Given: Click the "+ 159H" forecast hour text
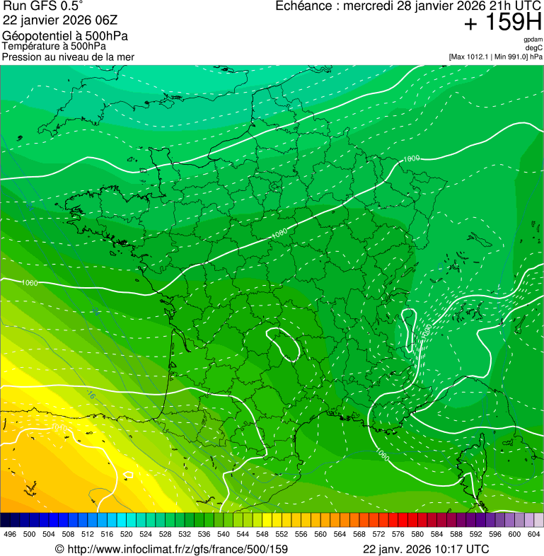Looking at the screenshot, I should click(x=502, y=23).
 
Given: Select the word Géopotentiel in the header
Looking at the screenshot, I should click(x=34, y=36).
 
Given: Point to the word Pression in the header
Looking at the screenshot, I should click(x=21, y=57).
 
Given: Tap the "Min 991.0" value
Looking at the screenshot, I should click(x=511, y=57).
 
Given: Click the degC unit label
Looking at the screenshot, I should click(x=535, y=47).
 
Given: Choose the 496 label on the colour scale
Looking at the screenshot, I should click(x=10, y=535).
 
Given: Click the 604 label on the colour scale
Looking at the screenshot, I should click(x=533, y=535).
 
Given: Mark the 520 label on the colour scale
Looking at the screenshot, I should click(x=126, y=535).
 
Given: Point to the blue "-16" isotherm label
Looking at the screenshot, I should click(x=90, y=395).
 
